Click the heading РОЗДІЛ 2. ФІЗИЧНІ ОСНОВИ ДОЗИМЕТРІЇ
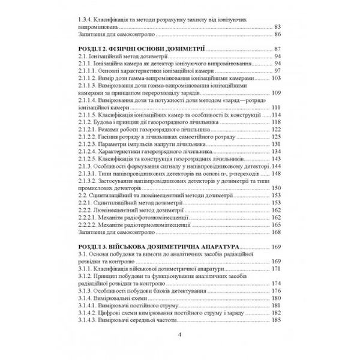(143, 48)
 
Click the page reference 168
(276, 233)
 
